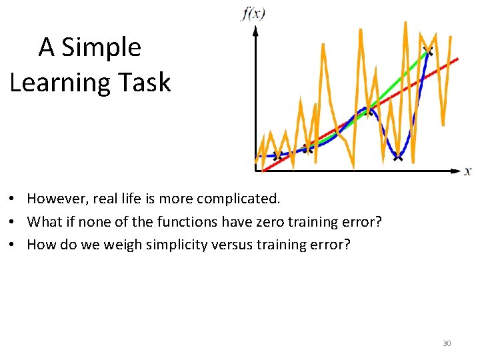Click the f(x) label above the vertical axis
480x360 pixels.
click(253, 13)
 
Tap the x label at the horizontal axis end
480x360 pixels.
click(468, 171)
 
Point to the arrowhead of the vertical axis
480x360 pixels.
click(255, 32)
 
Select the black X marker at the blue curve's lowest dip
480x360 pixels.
click(398, 157)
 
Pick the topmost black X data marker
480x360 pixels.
click(427, 51)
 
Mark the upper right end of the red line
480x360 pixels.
click(457, 59)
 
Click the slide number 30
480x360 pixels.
click(447, 343)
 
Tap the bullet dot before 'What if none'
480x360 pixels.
click(13, 222)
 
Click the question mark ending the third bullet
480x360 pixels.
click(346, 244)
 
